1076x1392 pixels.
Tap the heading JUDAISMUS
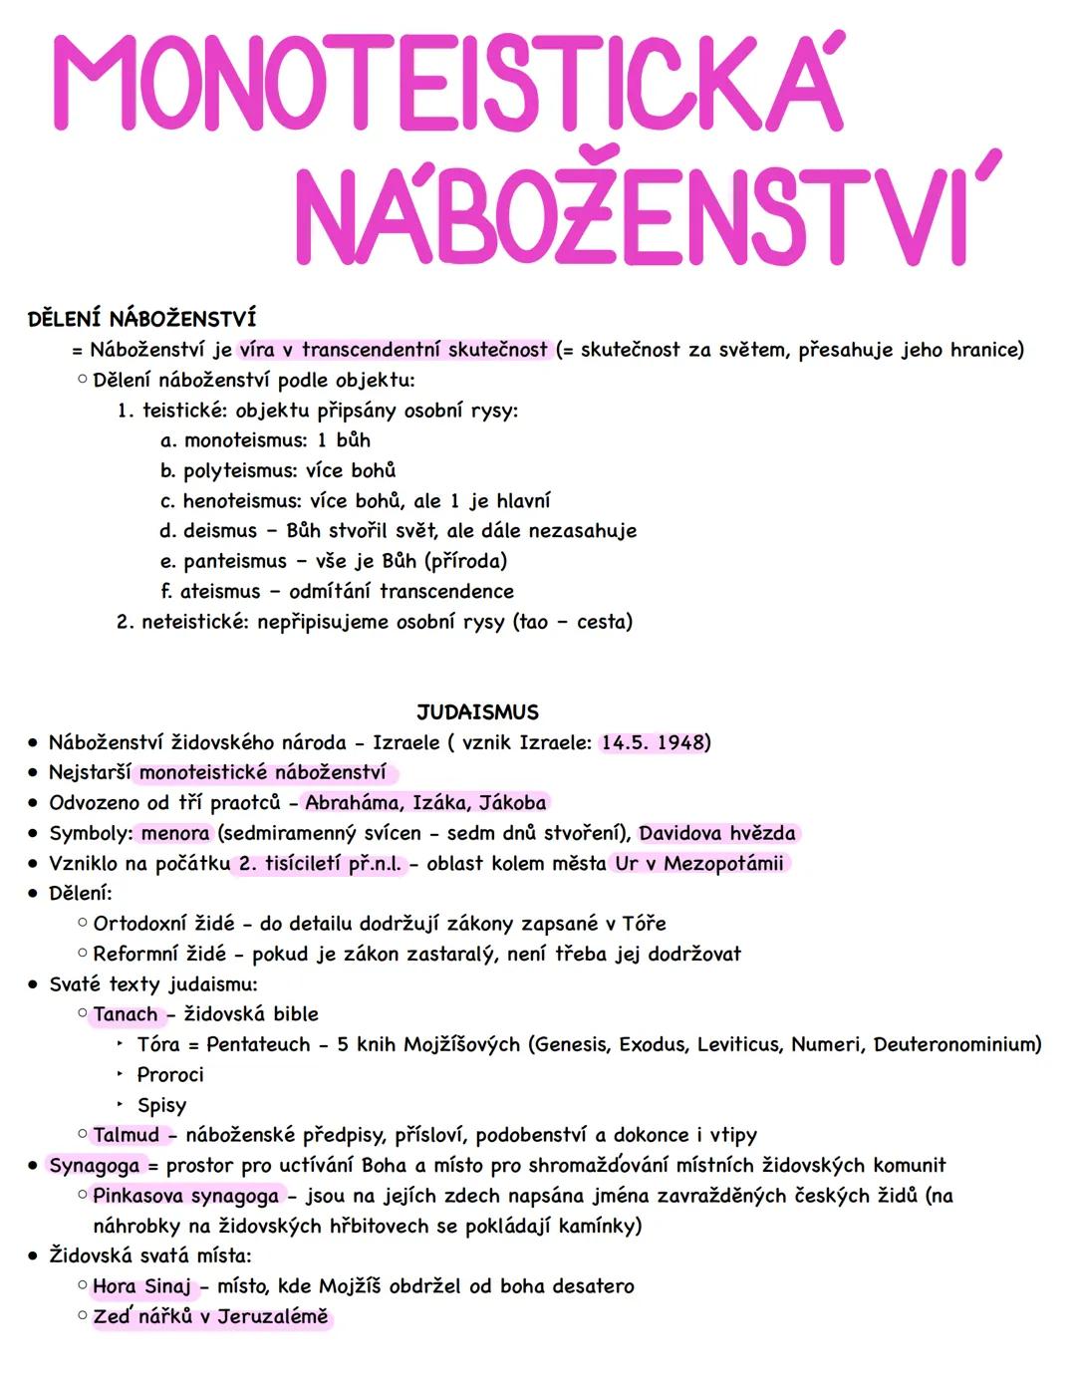(x=477, y=712)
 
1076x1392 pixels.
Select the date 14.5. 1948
(x=653, y=743)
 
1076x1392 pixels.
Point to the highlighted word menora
(x=175, y=834)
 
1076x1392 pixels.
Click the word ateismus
(x=220, y=592)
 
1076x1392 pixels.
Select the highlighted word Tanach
(x=126, y=1015)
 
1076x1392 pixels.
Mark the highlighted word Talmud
(x=126, y=1136)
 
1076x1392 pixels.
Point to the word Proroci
(x=170, y=1075)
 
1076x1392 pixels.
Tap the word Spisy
(x=161, y=1106)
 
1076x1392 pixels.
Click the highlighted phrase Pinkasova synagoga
(x=186, y=1197)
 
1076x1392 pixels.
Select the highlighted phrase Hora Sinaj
(x=141, y=1287)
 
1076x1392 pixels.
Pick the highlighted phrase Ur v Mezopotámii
(x=698, y=864)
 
